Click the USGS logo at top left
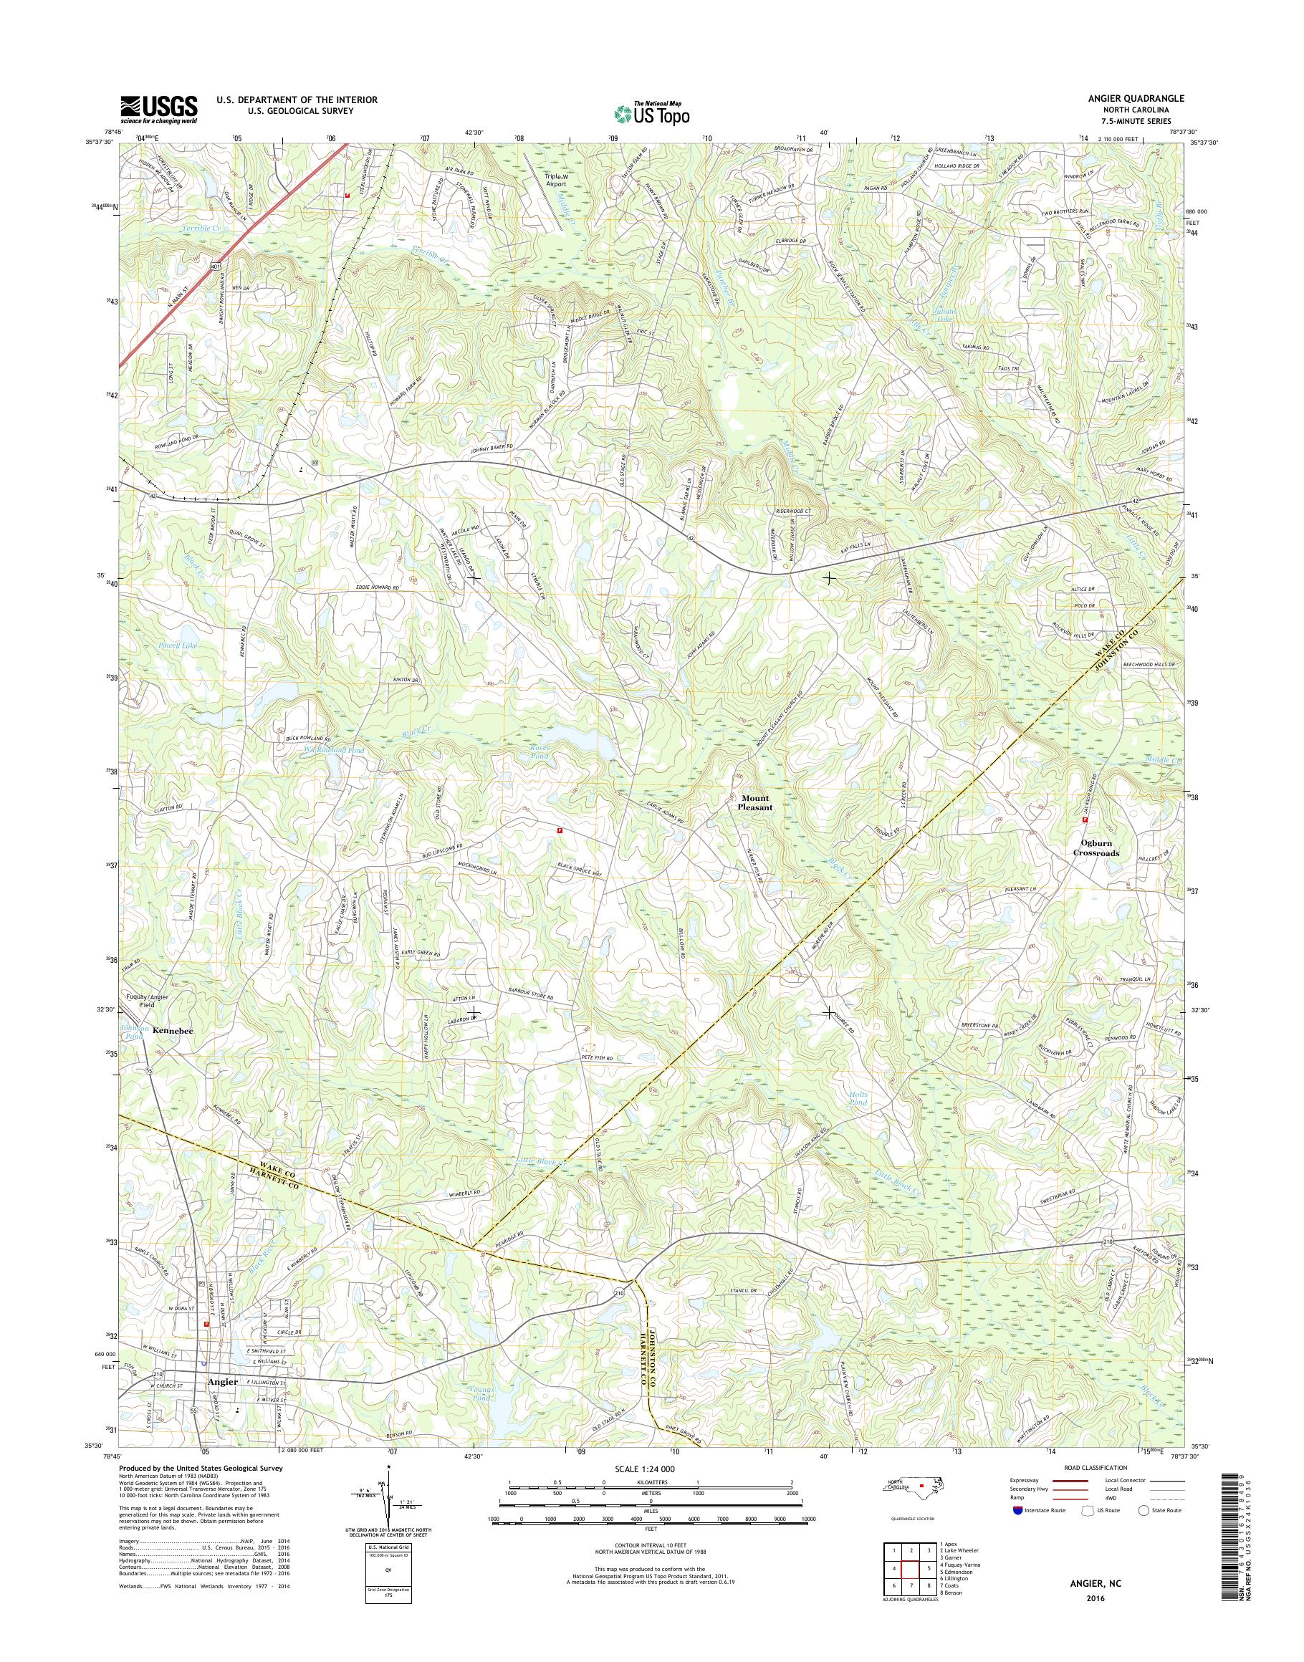click(x=159, y=109)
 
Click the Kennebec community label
click(x=173, y=1031)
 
